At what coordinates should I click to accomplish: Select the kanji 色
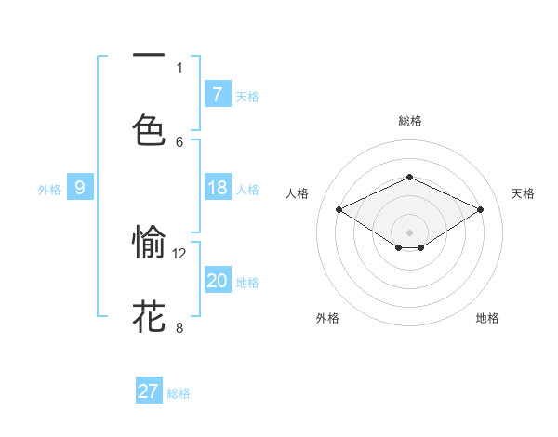149,128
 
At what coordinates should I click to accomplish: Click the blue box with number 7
217,95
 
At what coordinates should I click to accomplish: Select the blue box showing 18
217,188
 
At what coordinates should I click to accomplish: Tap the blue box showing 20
217,281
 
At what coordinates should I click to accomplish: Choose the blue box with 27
149,391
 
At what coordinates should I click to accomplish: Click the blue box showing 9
80,188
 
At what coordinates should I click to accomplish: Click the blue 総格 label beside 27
179,393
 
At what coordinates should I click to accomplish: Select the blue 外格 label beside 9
49,190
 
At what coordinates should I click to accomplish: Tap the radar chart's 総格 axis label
409,121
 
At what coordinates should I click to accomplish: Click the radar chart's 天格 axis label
523,193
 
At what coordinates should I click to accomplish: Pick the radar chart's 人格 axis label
297,193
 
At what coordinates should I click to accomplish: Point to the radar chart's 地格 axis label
487,318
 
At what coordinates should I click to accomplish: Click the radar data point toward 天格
480,210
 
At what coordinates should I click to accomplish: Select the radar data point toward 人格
339,210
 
